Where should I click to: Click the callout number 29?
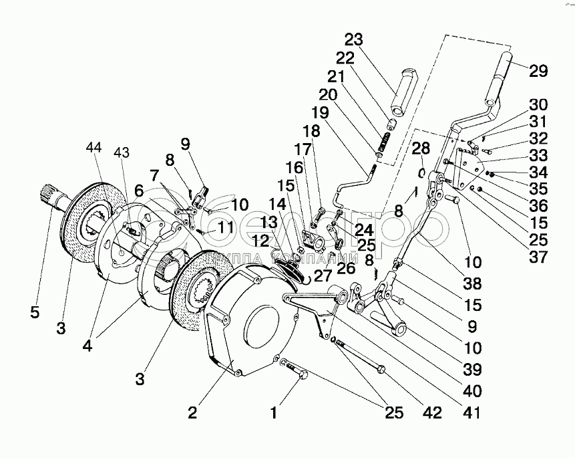538,71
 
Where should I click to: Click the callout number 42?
433,413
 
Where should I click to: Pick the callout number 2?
192,413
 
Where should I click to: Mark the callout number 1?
273,413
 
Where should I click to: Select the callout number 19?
319,113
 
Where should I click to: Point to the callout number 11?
225,227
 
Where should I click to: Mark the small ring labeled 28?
423,172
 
